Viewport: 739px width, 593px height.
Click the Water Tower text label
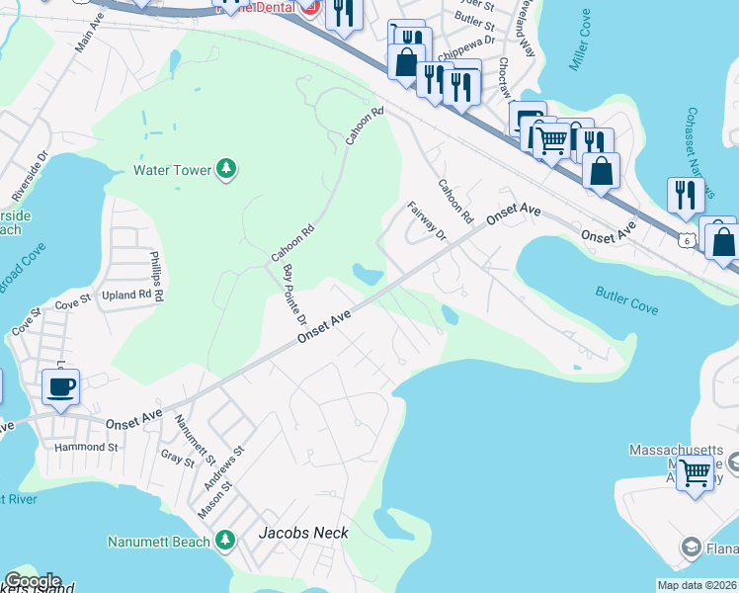pyautogui.click(x=173, y=170)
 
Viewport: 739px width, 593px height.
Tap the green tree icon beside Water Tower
pyautogui.click(x=227, y=170)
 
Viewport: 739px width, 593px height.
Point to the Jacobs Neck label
pyautogui.click(x=303, y=533)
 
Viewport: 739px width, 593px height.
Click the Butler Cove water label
pyautogui.click(x=626, y=300)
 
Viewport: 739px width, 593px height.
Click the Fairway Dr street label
pyautogui.click(x=428, y=220)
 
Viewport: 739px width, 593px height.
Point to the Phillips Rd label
pyautogui.click(x=155, y=276)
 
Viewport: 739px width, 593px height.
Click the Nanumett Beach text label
pyautogui.click(x=159, y=542)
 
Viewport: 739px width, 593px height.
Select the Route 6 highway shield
pyautogui.click(x=686, y=238)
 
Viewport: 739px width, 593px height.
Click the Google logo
pyautogui.click(x=33, y=581)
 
